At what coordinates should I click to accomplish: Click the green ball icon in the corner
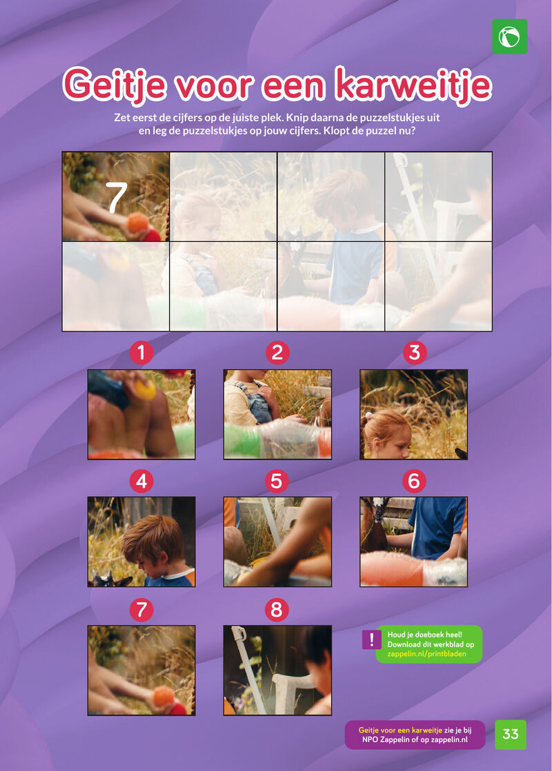(x=510, y=37)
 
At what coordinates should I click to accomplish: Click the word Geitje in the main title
(x=115, y=85)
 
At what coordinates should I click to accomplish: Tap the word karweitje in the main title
(x=413, y=85)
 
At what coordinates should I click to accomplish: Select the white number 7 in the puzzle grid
(x=117, y=198)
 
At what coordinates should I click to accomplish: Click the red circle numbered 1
(x=141, y=353)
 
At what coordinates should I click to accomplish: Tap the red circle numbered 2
(x=277, y=353)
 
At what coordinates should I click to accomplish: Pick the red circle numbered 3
(x=415, y=353)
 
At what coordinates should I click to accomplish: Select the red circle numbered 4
(x=141, y=481)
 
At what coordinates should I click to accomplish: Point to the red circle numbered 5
(x=277, y=481)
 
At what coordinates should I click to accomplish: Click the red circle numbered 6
(x=414, y=481)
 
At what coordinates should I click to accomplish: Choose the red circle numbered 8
(x=277, y=610)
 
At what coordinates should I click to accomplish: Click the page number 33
(x=511, y=734)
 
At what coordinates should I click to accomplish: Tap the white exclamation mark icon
(x=372, y=639)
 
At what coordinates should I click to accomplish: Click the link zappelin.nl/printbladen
(x=427, y=654)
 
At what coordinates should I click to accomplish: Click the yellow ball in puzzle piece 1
(x=145, y=389)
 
